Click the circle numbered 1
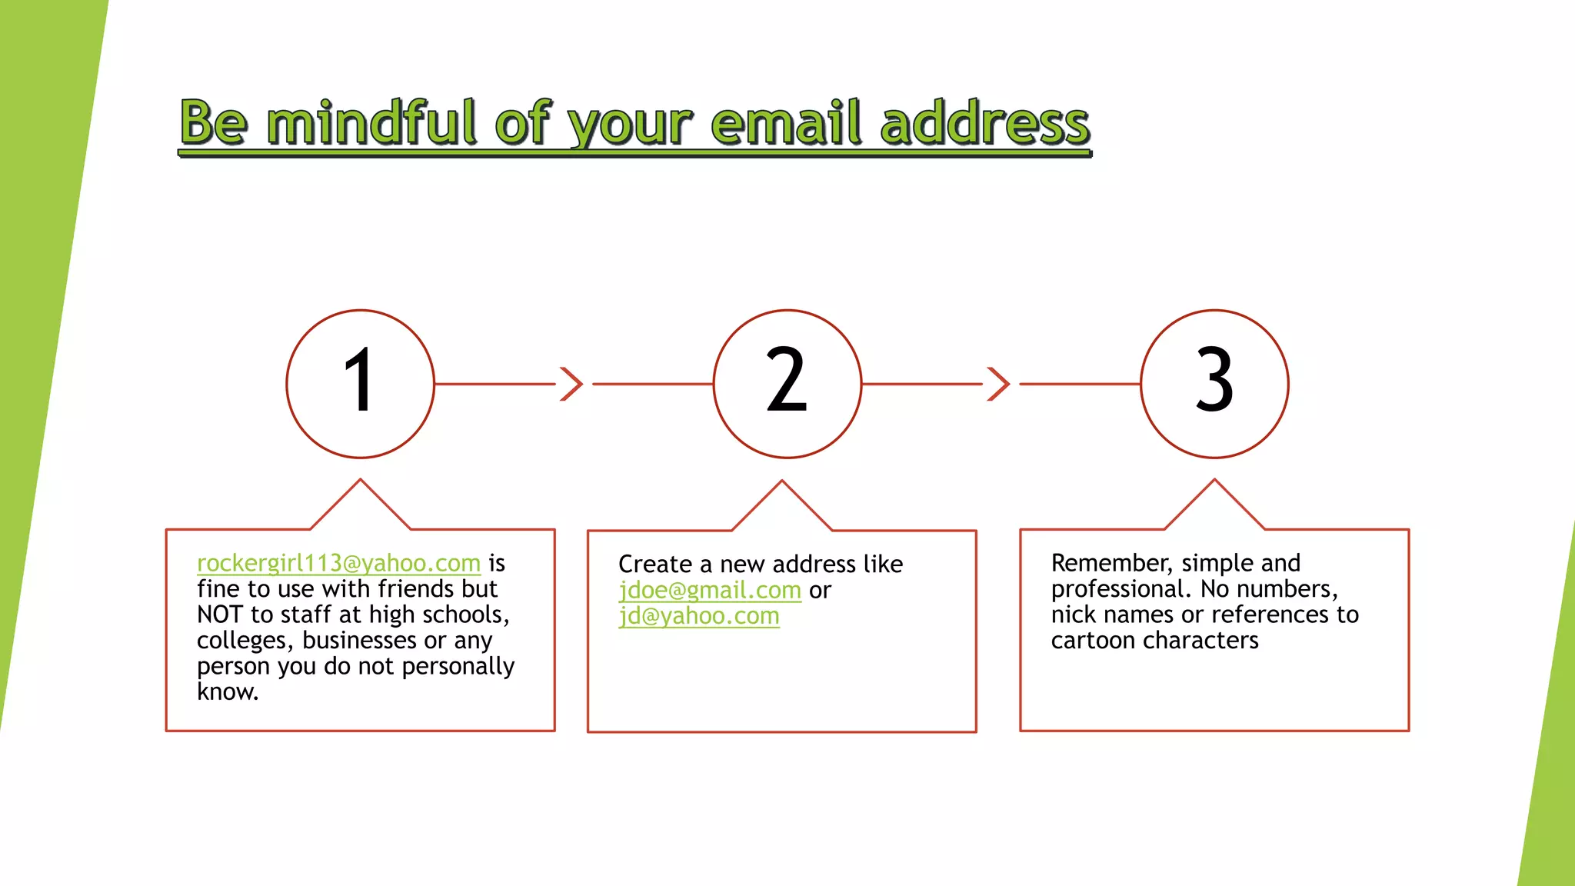pos(360,384)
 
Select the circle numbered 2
pos(787,384)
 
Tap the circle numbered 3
pos(1214,384)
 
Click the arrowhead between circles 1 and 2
pos(571,384)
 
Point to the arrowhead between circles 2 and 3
pos(998,384)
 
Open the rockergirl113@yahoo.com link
pos(338,564)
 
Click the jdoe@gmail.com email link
pos(710,591)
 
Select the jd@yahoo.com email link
pos(699,616)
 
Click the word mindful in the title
pos(372,123)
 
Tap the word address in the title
pos(985,123)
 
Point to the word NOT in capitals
pos(219,615)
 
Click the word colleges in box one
pos(245,641)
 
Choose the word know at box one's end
pos(226,692)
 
